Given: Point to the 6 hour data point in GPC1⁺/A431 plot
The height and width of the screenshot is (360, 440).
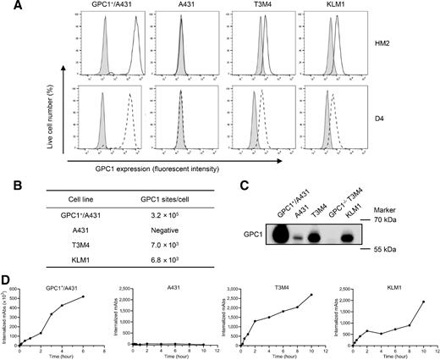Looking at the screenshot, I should (83, 296).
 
